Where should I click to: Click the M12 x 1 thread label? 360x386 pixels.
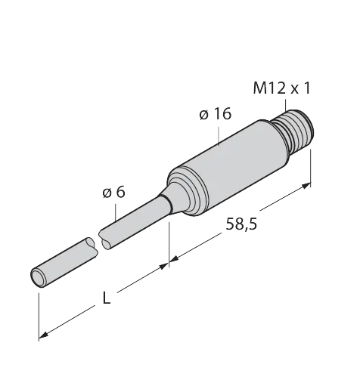point(281,88)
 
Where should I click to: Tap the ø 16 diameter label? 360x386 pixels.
point(215,114)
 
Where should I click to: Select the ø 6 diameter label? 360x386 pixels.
point(114,193)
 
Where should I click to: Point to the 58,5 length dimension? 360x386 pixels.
point(241,224)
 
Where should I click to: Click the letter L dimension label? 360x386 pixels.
point(107,298)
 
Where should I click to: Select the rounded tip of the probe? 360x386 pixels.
point(38,277)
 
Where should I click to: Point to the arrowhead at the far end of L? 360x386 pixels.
point(43,335)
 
